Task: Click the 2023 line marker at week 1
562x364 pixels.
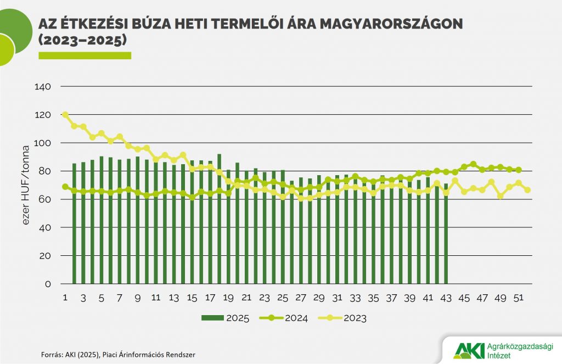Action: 65,115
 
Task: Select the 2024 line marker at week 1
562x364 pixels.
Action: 65,187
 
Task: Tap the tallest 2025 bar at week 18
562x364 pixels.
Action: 219,220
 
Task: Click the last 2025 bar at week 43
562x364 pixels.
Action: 446,236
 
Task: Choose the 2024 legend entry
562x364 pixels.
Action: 289,318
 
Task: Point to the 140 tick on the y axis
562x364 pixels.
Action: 42,87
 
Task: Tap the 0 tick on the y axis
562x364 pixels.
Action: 48,284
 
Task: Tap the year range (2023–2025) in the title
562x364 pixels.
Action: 82,41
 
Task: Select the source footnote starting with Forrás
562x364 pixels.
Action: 118,355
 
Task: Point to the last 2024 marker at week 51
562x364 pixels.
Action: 518,170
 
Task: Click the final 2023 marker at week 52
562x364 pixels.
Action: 527,190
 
